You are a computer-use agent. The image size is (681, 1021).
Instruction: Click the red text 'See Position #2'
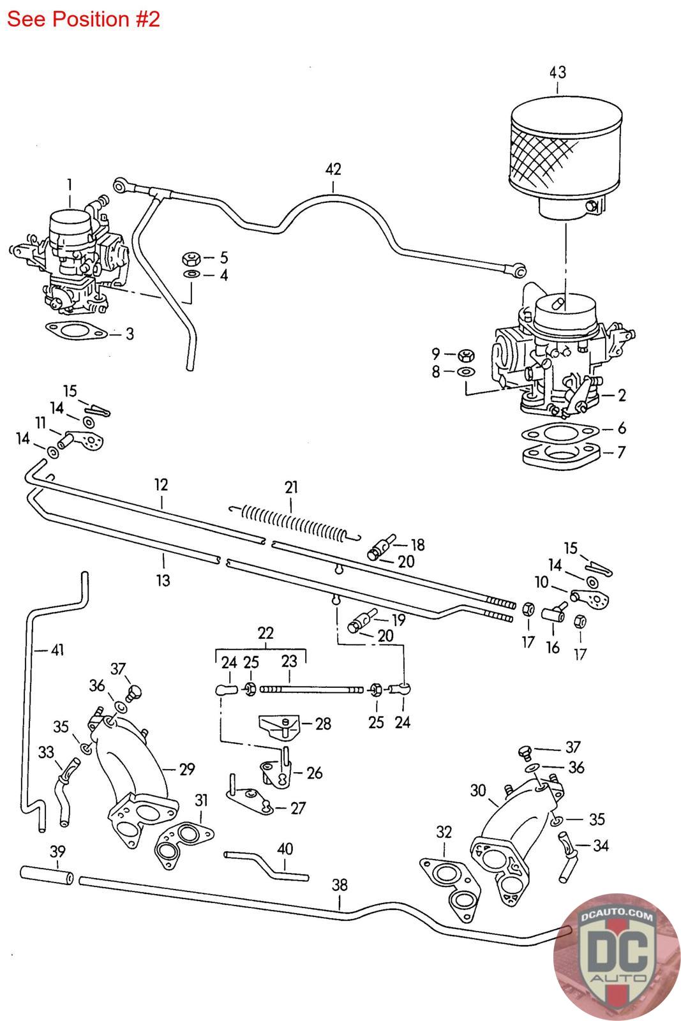[x=83, y=19]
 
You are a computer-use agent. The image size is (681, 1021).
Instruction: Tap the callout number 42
[x=333, y=169]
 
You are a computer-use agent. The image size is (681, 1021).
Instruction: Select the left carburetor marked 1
[x=73, y=262]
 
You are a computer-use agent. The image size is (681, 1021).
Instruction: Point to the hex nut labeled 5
[x=190, y=258]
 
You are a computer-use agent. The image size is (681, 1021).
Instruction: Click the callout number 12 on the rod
[x=161, y=484]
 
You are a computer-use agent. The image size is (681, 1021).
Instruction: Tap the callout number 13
[x=163, y=580]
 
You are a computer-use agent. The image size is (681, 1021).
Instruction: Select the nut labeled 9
[x=466, y=354]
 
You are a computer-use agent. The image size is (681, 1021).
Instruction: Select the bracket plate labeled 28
[x=278, y=726]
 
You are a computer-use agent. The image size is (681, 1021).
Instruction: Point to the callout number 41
[x=58, y=650]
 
